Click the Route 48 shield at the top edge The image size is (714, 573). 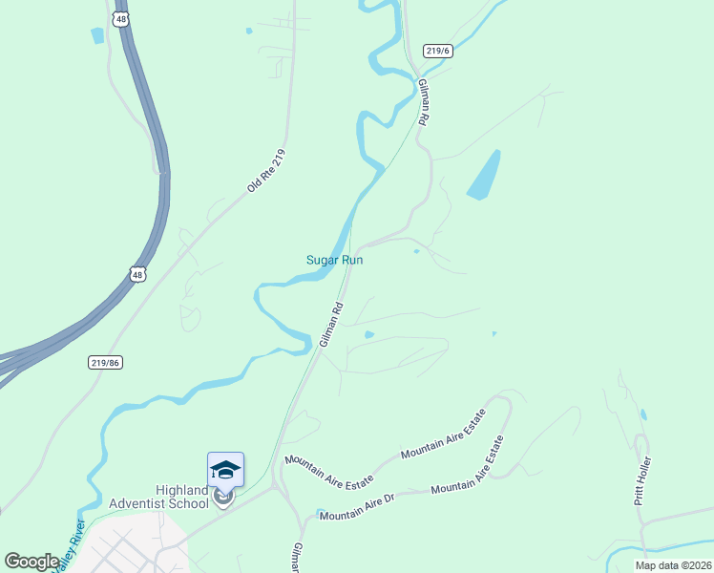click(119, 19)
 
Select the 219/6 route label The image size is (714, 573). click(437, 51)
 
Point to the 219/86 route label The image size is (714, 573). click(106, 362)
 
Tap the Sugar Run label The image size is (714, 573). click(334, 260)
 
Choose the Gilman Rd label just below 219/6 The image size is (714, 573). click(425, 104)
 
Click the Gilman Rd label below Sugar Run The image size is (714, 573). click(331, 325)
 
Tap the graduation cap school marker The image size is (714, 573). click(225, 470)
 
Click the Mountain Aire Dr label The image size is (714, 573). click(357, 507)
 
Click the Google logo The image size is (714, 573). click(32, 562)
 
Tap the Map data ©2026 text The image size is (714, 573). click(672, 565)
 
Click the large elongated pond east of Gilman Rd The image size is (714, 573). click(484, 176)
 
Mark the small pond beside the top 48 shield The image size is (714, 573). click(96, 36)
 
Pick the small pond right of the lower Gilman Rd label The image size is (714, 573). click(368, 334)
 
